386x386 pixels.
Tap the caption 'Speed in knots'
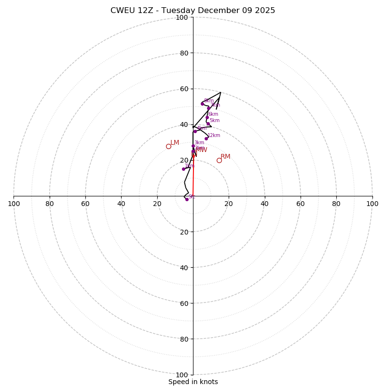point(193,382)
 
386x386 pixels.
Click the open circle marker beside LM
point(168,146)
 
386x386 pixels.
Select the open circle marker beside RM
point(219,160)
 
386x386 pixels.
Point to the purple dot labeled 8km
point(202,104)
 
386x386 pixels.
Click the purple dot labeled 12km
point(206,138)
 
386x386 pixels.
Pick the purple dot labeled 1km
point(183,169)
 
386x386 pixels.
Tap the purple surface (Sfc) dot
point(187,199)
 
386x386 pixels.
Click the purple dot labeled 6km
point(207,117)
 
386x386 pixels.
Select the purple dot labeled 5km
point(208,124)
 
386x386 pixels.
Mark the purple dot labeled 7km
point(208,108)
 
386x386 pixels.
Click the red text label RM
point(225,156)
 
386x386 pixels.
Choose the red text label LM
point(175,142)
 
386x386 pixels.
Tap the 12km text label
point(214,136)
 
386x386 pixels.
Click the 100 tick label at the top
point(182,17)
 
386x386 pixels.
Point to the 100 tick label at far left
point(14,204)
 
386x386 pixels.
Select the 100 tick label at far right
point(372,204)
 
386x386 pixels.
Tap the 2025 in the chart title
point(265,11)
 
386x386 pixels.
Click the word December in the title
point(216,11)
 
